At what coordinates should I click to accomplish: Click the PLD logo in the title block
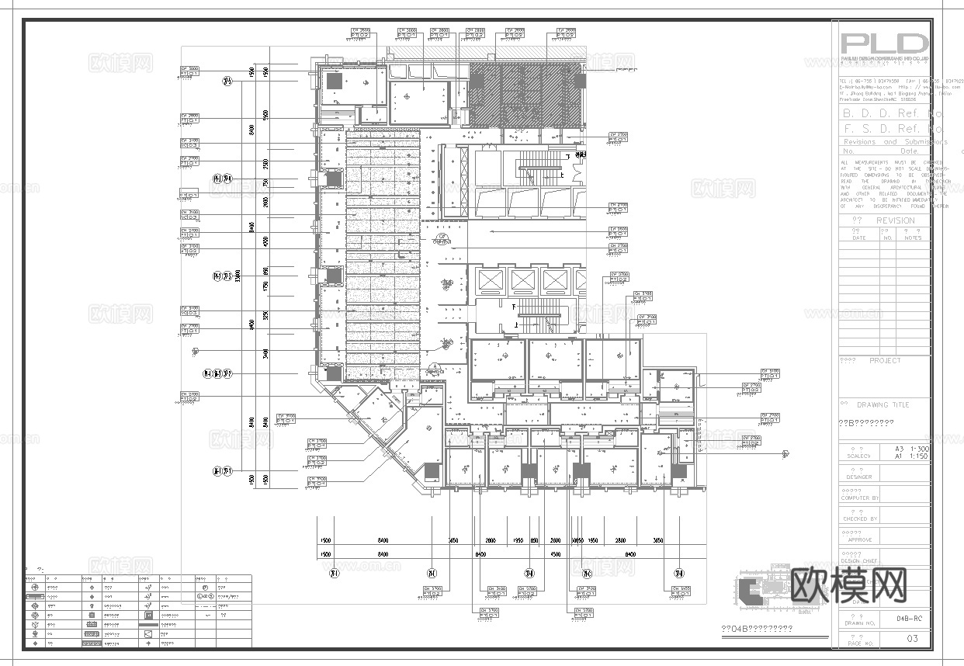tap(885, 44)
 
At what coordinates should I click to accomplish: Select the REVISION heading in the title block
tap(895, 220)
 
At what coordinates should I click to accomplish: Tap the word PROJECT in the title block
tap(885, 361)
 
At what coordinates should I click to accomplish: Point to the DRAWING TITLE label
tap(882, 405)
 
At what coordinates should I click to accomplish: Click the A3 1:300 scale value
tap(910, 449)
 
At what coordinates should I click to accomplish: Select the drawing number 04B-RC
tap(909, 619)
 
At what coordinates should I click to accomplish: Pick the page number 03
tap(912, 639)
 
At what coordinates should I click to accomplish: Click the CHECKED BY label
tap(859, 519)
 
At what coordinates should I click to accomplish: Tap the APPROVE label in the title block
tap(859, 539)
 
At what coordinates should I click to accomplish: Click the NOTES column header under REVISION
tap(913, 238)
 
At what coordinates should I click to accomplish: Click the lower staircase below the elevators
tap(538, 315)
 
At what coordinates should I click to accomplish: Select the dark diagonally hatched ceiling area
tap(524, 93)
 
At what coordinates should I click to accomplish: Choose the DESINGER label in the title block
tap(859, 477)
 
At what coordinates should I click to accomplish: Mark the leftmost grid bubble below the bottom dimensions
tap(334, 574)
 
